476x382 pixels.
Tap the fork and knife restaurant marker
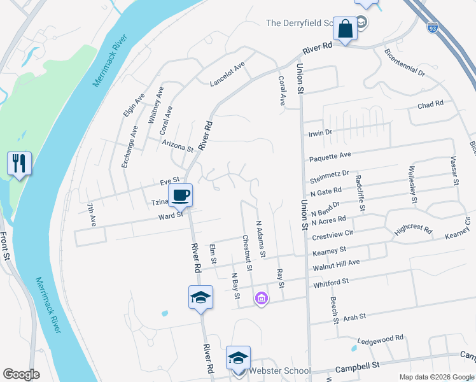click(19, 164)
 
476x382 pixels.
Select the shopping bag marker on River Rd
click(345, 29)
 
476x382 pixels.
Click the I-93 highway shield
click(433, 29)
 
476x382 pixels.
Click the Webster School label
click(279, 371)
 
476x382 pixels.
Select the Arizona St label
click(178, 145)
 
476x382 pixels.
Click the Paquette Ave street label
click(330, 156)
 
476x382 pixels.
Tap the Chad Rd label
click(430, 105)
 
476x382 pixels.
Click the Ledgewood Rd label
click(381, 339)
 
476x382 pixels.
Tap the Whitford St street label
click(330, 281)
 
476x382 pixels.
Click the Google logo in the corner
click(22, 374)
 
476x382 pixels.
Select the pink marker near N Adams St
click(261, 297)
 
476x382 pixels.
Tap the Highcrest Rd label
click(413, 230)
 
